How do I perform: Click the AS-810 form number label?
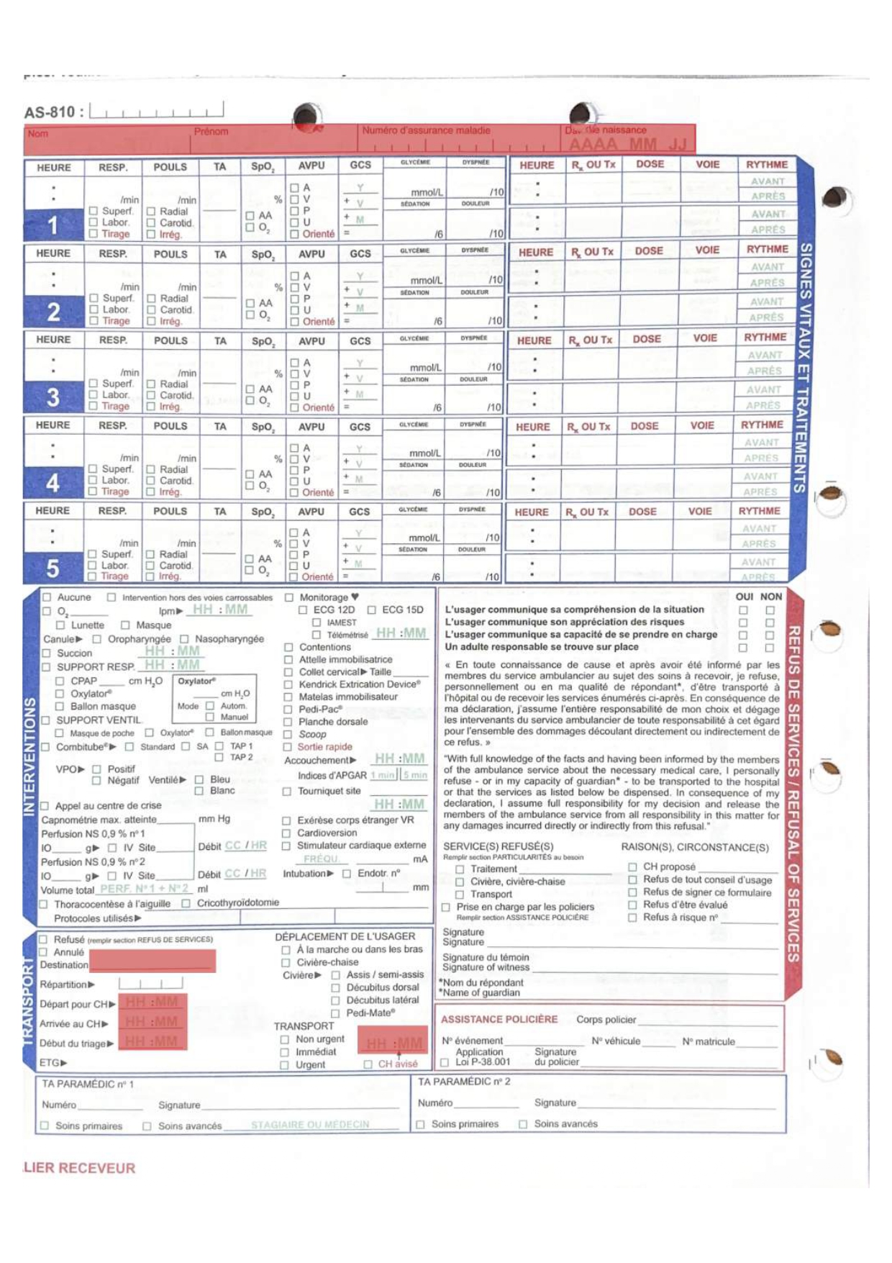tap(54, 112)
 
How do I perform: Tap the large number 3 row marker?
tap(53, 397)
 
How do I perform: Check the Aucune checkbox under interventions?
tap(47, 597)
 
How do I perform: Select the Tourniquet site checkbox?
tap(287, 791)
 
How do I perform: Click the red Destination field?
tap(153, 961)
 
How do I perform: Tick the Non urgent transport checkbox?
tap(285, 1039)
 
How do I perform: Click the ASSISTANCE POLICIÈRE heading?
tap(499, 1019)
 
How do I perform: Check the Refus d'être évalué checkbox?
tap(632, 905)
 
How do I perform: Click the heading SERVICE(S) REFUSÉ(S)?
tap(498, 846)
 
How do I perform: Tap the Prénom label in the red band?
tap(211, 132)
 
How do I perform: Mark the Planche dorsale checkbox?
tap(288, 722)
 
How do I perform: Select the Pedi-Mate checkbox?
tap(335, 1013)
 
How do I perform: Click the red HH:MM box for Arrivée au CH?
tap(152, 1022)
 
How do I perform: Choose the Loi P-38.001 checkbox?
tap(445, 1061)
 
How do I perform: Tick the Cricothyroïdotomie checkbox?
tap(186, 903)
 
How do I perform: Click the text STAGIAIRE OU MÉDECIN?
tap(310, 1124)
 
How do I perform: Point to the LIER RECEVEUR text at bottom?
tap(79, 1167)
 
